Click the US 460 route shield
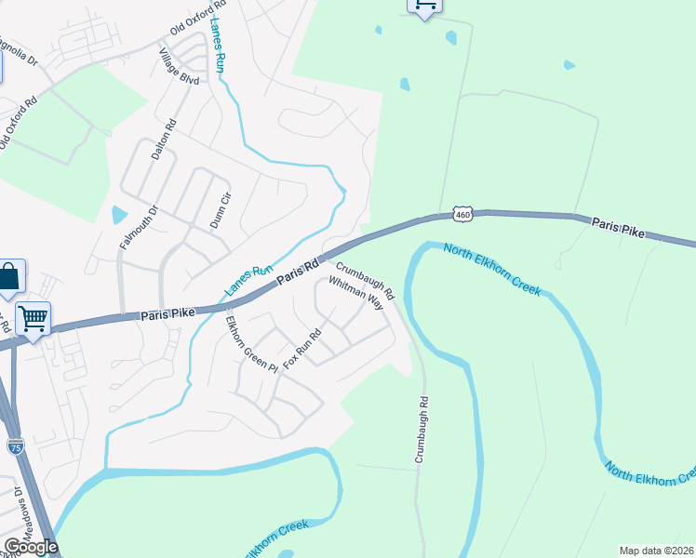(463, 215)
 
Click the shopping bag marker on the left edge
(9, 277)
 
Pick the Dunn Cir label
(221, 208)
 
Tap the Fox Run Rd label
(302, 347)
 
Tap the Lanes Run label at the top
(219, 45)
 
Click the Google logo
(31, 546)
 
